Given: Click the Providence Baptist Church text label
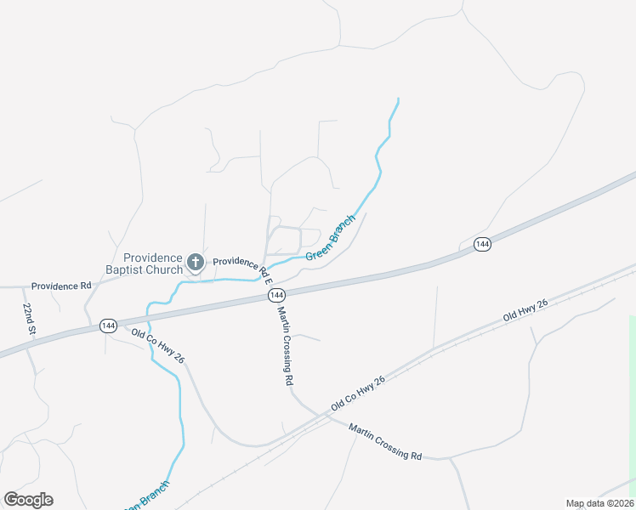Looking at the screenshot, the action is [x=153, y=263].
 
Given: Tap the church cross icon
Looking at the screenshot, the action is [x=196, y=262].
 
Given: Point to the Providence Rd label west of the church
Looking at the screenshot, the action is [x=60, y=286].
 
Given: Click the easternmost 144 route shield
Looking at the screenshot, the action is [x=482, y=244].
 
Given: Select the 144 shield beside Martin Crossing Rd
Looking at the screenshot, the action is [x=275, y=294].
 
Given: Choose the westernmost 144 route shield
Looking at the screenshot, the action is [x=108, y=326].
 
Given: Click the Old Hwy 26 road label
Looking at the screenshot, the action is [x=525, y=310].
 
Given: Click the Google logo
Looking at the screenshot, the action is [x=28, y=500].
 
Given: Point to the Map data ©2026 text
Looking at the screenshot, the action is [x=599, y=503].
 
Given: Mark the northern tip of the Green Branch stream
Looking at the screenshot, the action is [x=398, y=99].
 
